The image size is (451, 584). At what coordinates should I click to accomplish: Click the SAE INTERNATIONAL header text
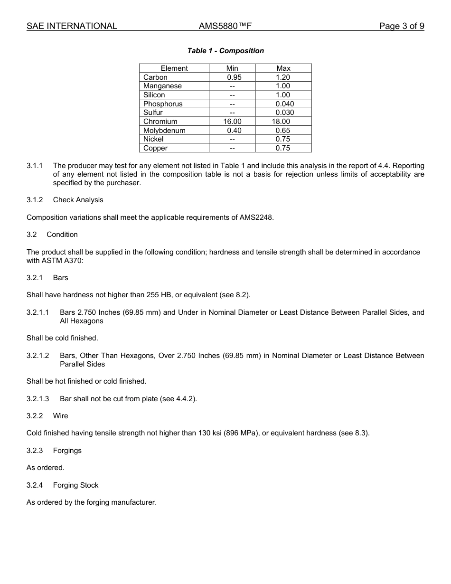coord(72,26)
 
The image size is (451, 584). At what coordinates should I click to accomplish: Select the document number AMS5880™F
coord(225,26)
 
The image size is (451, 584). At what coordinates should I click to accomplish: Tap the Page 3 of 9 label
coord(401,26)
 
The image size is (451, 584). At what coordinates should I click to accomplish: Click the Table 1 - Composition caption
coord(225,51)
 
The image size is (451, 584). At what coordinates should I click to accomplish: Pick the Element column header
coord(174,68)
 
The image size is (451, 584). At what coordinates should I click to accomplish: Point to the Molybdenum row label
coord(164,131)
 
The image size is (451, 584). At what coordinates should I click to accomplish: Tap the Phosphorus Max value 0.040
coord(284,104)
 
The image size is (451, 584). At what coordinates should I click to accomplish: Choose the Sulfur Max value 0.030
coord(284,113)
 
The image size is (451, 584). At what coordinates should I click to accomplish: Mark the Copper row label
coord(155,148)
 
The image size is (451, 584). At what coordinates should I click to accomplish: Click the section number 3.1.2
coord(35,200)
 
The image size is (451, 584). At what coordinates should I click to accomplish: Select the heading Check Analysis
coord(78,200)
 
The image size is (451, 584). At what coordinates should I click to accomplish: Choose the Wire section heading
coord(60,416)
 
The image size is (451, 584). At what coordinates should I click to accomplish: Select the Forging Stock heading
coord(75,485)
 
